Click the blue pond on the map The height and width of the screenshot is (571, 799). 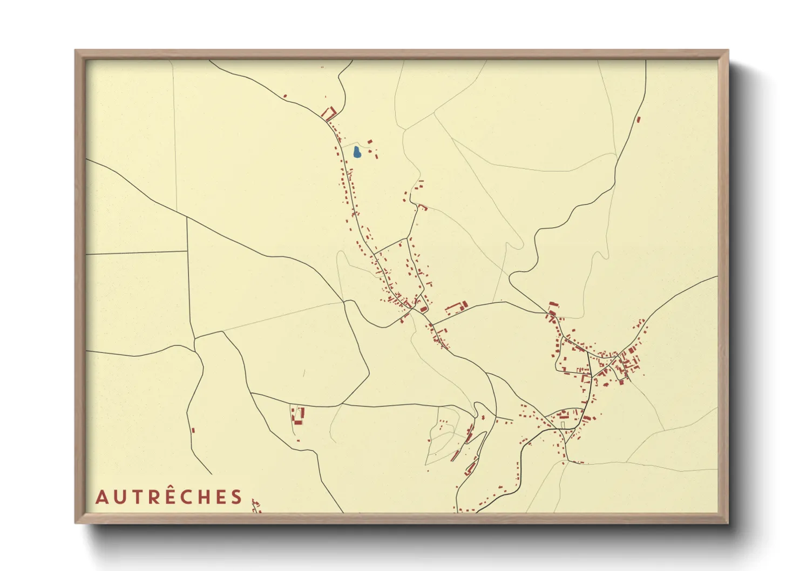[x=357, y=153]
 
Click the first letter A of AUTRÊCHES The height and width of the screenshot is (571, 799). [x=101, y=497]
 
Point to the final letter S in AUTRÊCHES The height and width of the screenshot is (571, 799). [x=236, y=497]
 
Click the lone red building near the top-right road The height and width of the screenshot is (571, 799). [x=638, y=119]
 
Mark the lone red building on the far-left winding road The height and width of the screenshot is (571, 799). [x=193, y=430]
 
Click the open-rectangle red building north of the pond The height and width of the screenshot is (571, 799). [x=329, y=113]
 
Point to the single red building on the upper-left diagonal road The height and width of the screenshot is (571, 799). [x=285, y=97]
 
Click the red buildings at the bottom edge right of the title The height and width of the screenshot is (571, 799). [x=256, y=507]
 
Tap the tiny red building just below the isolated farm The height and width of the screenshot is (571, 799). [x=298, y=441]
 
